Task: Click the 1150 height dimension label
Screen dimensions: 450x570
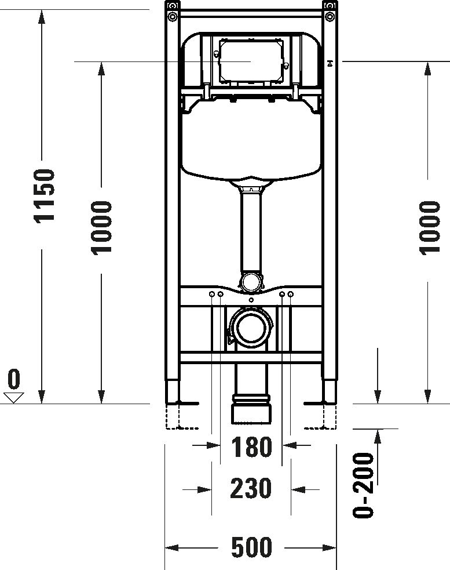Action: [45, 195]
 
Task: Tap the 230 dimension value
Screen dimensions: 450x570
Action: [251, 488]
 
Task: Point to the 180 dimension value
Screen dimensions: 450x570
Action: [252, 446]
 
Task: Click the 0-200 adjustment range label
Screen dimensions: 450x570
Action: [363, 485]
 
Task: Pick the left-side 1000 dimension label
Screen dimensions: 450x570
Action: [101, 228]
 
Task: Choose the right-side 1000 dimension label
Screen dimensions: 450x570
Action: [429, 228]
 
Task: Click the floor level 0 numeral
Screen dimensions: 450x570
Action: [13, 379]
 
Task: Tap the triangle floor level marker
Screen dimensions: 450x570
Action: [14, 397]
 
